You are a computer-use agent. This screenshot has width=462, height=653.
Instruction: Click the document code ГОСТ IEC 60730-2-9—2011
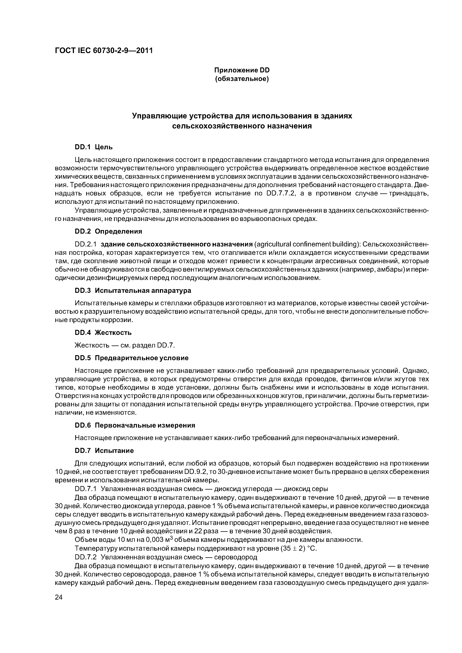pyautogui.click(x=104, y=51)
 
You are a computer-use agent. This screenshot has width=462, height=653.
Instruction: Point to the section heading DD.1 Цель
pyautogui.click(x=94, y=147)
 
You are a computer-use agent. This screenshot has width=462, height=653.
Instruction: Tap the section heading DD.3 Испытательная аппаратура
pyautogui.click(x=133, y=291)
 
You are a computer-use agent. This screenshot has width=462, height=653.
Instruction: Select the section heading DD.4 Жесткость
pyautogui.click(x=103, y=332)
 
